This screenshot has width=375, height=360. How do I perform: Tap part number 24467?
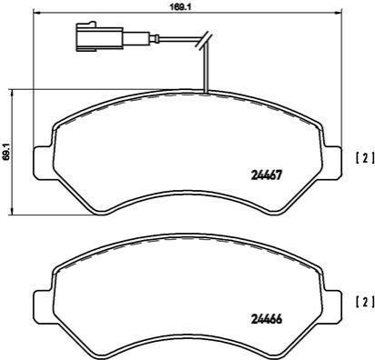[267, 175]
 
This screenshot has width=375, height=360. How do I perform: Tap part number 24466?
[267, 318]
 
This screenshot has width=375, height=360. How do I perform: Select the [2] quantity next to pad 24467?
[365, 158]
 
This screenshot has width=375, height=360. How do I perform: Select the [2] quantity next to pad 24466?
[365, 303]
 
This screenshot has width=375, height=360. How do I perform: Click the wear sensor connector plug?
[99, 36]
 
